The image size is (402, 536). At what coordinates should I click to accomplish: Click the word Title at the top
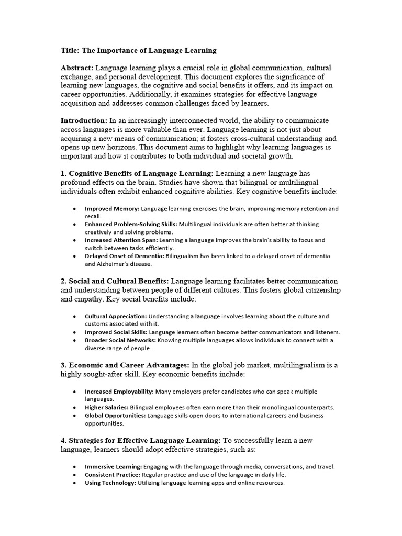(x=70, y=51)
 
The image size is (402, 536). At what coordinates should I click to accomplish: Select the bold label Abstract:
(x=77, y=68)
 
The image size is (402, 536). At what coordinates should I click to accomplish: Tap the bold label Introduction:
(x=84, y=120)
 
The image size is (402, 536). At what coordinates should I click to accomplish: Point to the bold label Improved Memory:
(x=112, y=209)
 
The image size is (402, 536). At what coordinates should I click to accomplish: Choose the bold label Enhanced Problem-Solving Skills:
(x=131, y=224)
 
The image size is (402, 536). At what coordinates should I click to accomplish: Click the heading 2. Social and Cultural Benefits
(x=115, y=281)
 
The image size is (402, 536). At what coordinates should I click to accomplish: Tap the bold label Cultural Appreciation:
(x=116, y=317)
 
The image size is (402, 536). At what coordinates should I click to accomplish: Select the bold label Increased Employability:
(x=119, y=392)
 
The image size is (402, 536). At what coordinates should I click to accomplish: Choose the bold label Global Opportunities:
(x=115, y=416)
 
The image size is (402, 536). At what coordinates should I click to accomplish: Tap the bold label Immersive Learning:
(x=113, y=467)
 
